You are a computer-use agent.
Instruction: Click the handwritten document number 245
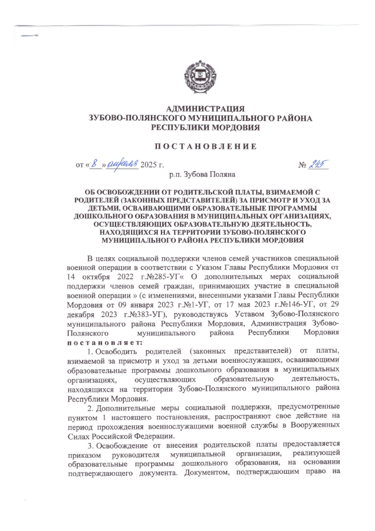click(318, 163)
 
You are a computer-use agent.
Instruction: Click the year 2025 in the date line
click(150, 164)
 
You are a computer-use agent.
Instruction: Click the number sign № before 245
click(303, 164)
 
